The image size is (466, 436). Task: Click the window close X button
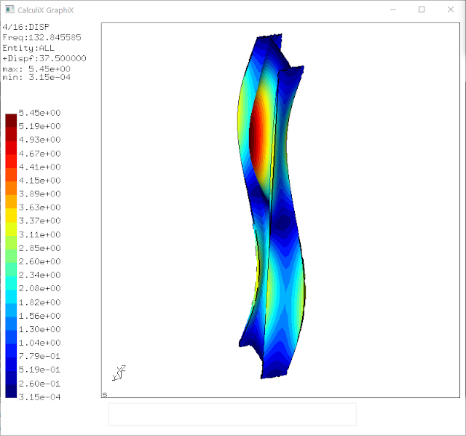click(451, 9)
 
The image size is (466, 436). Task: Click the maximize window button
click(422, 9)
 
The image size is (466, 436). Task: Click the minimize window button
click(393, 9)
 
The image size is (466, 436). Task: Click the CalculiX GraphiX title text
click(45, 10)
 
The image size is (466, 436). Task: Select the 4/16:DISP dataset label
click(26, 27)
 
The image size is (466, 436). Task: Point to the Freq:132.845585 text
click(42, 37)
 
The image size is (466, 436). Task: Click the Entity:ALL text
click(28, 48)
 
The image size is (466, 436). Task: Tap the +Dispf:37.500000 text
click(44, 58)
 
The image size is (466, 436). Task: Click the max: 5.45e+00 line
click(36, 69)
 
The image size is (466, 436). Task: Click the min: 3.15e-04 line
click(36, 77)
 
